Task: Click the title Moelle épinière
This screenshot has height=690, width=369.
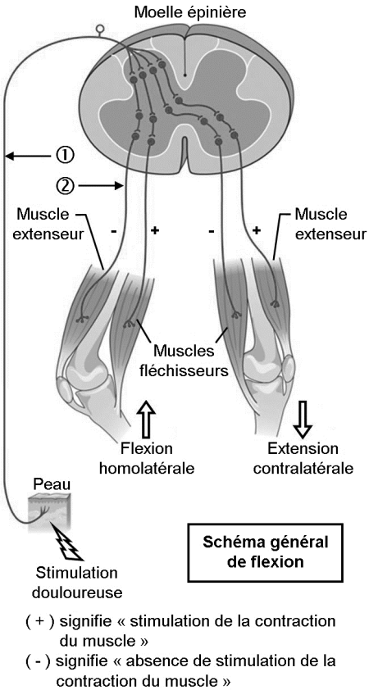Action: (190, 12)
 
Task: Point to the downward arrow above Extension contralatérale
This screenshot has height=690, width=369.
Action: (303, 419)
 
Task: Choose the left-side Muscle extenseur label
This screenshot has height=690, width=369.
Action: (43, 224)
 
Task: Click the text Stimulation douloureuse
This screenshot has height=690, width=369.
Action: (76, 583)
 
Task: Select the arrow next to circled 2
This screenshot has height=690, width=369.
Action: (100, 186)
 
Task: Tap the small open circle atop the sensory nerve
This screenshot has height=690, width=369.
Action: (100, 30)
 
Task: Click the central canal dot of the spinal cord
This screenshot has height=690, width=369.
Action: (185, 75)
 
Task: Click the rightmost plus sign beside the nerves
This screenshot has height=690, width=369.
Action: (257, 230)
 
